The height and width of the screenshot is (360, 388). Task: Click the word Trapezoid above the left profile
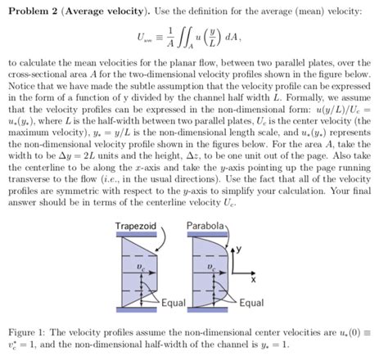pos(135,225)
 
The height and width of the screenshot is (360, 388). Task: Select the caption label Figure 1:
pos(28,335)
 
